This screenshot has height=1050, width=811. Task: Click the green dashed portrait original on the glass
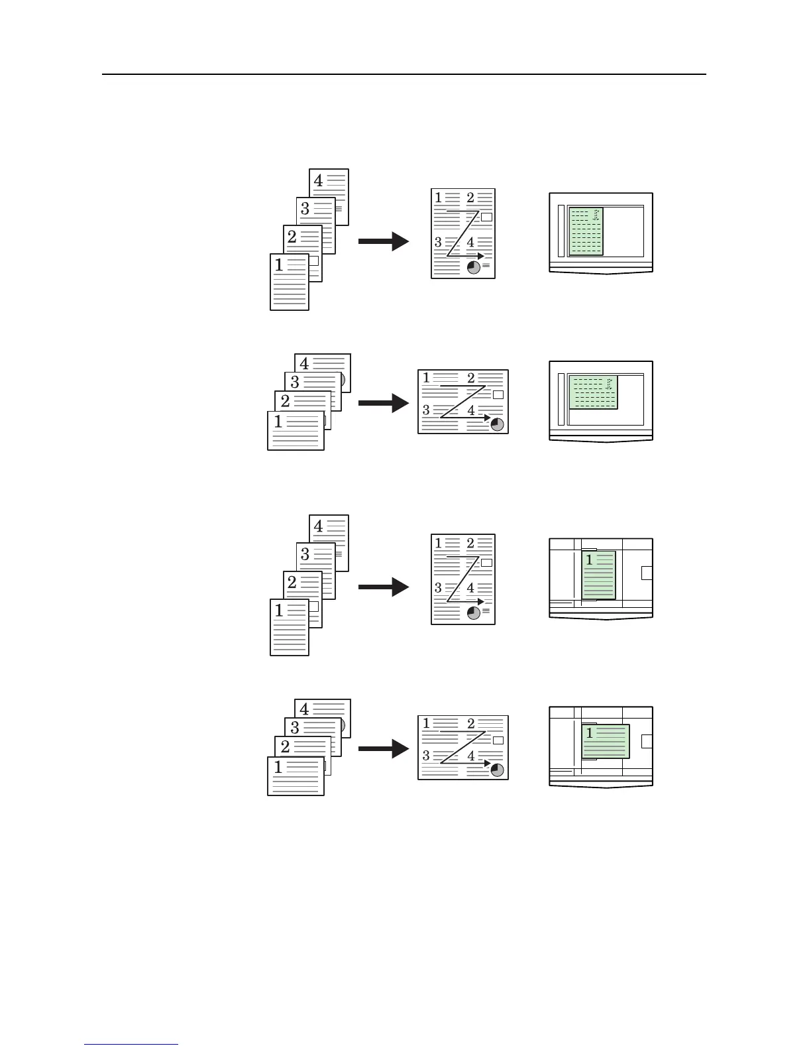pos(586,231)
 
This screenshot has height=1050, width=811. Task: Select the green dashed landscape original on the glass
pos(594,392)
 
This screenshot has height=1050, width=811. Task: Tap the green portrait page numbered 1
pos(599,575)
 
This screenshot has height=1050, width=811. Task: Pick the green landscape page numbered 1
pos(606,741)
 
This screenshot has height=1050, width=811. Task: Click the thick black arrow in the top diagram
pos(384,241)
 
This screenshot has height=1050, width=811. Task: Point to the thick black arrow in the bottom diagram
pos(384,749)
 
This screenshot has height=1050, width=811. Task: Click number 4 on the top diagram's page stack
pos(319,180)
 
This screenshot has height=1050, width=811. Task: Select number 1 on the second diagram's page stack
pos(278,422)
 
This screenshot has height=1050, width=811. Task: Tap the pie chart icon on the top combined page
pos(474,266)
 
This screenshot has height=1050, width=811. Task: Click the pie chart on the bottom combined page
pos(497,770)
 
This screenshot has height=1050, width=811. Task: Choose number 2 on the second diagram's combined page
pos(471,379)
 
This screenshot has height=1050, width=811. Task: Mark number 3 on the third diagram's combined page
pos(438,588)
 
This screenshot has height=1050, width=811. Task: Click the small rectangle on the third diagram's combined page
pos(486,563)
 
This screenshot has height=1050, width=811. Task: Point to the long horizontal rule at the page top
pos(404,75)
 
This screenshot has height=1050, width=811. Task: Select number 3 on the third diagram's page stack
pos(305,554)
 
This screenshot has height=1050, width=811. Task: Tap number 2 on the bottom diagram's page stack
pos(286,747)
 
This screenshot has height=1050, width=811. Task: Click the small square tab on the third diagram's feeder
pos(647,573)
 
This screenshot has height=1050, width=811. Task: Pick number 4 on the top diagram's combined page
pos(470,243)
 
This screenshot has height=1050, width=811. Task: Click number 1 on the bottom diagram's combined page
pos(427,723)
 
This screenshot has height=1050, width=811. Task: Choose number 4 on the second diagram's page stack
pos(304,363)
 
